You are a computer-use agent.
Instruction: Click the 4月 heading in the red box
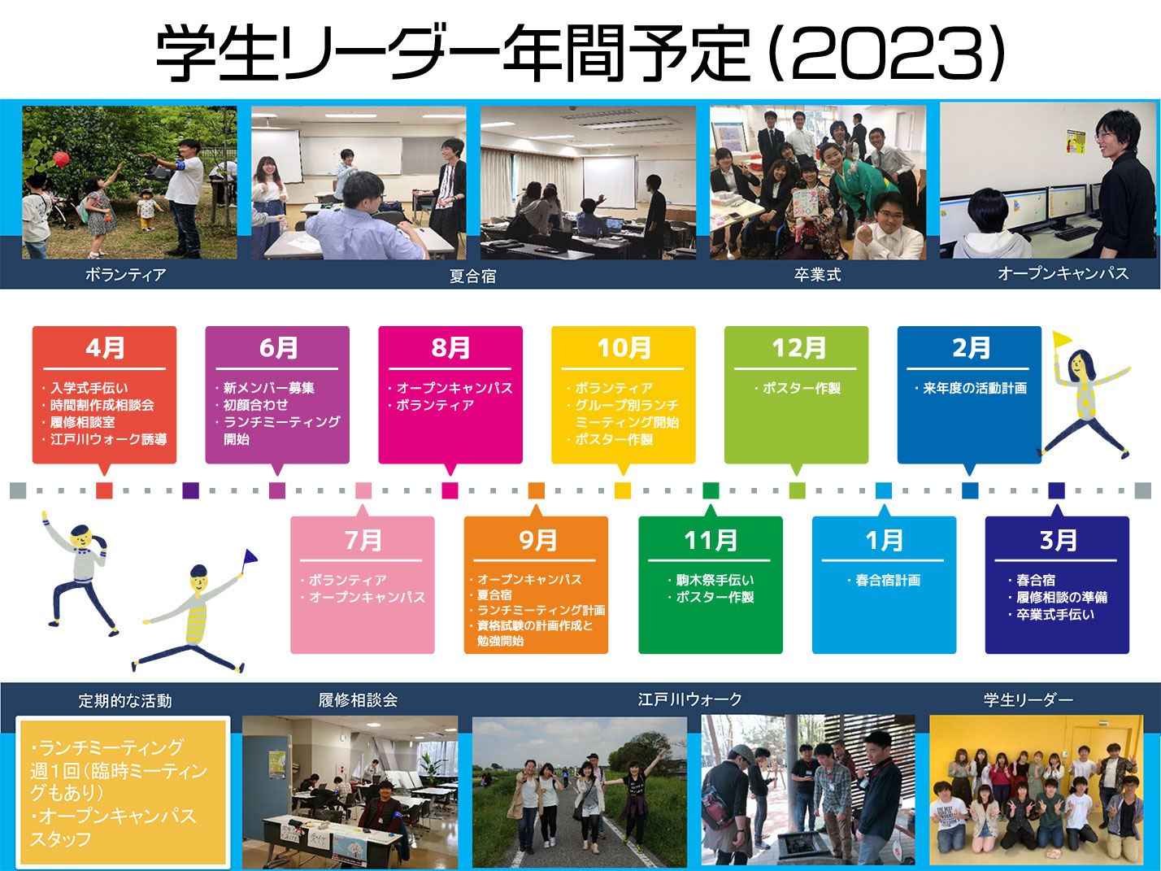pos(105,348)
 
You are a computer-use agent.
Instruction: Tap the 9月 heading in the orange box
pos(537,540)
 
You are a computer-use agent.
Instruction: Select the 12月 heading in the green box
pos(798,348)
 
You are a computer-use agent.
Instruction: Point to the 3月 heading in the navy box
pos(1058,540)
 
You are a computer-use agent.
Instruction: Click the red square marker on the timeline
pos(104,490)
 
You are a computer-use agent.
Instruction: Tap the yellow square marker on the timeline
pos(623,490)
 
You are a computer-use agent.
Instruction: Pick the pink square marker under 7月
pos(363,490)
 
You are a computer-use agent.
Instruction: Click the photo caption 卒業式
pos(817,274)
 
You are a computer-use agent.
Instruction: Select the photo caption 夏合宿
pos(472,276)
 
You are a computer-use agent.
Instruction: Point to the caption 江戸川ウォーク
pos(689,699)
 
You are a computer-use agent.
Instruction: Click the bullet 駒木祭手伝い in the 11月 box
pos(715,580)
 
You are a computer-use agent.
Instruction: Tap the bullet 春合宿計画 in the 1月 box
pos(888,580)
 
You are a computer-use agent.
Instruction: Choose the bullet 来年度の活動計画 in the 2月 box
pos(975,388)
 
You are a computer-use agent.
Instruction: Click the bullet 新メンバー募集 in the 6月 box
pos(268,388)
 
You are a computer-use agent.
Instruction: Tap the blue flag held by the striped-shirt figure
pos(250,557)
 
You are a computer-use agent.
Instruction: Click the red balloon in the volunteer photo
pos(61,159)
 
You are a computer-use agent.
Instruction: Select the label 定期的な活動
pos(125,701)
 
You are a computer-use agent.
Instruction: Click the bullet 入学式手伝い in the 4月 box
pos(89,388)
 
